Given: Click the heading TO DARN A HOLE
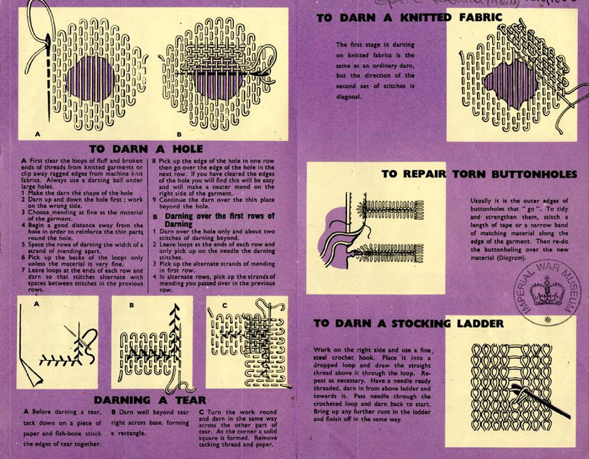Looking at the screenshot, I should (x=145, y=149).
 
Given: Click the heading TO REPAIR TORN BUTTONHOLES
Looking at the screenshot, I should (x=479, y=174).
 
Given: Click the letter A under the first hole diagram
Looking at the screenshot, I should (x=38, y=133).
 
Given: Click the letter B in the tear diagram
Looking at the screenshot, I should (x=131, y=304).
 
